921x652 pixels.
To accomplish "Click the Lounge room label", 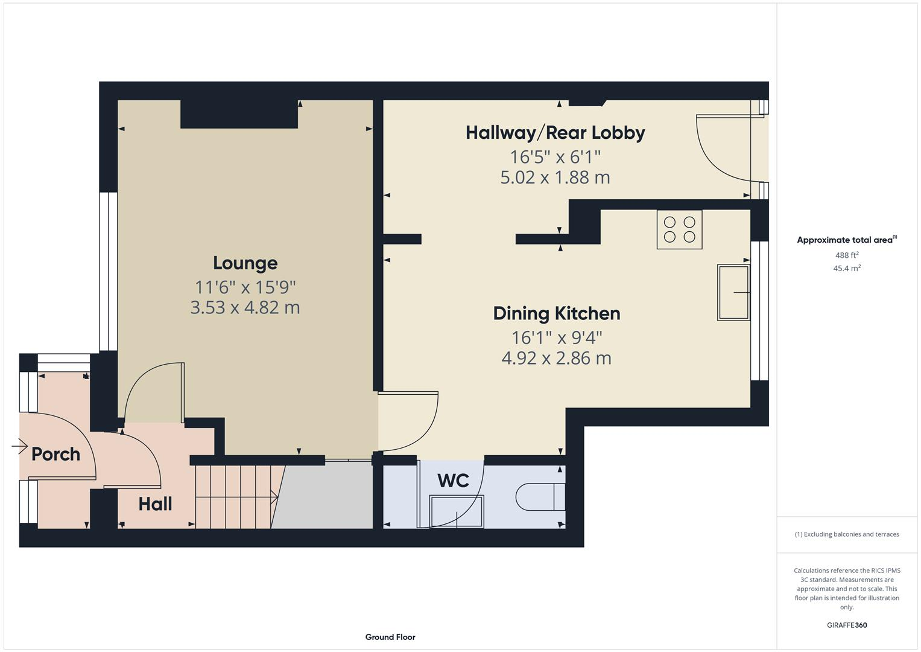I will tap(245, 263).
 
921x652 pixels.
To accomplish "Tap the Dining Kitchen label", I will tap(556, 313).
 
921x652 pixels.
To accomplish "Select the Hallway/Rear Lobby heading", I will tap(555, 133).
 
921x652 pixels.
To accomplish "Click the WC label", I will tap(453, 481).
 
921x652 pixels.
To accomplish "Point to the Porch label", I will tap(55, 454).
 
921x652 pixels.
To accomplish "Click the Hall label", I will tap(155, 504).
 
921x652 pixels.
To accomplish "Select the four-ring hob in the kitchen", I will tap(679, 229).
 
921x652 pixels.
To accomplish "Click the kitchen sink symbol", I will tap(733, 292).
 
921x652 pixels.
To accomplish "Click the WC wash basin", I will tap(456, 511).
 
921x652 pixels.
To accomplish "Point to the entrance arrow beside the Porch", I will tap(19, 447).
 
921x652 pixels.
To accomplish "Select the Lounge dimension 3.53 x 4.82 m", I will tap(245, 307).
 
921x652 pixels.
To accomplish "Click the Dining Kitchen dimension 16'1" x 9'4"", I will tap(556, 337).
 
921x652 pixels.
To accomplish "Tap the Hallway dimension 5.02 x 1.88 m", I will tap(555, 177).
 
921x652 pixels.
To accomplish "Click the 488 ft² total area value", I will tap(846, 255).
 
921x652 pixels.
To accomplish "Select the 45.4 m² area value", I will tap(846, 269).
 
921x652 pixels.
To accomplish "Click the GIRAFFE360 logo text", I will tap(846, 625).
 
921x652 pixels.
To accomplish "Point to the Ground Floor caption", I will tap(390, 637).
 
